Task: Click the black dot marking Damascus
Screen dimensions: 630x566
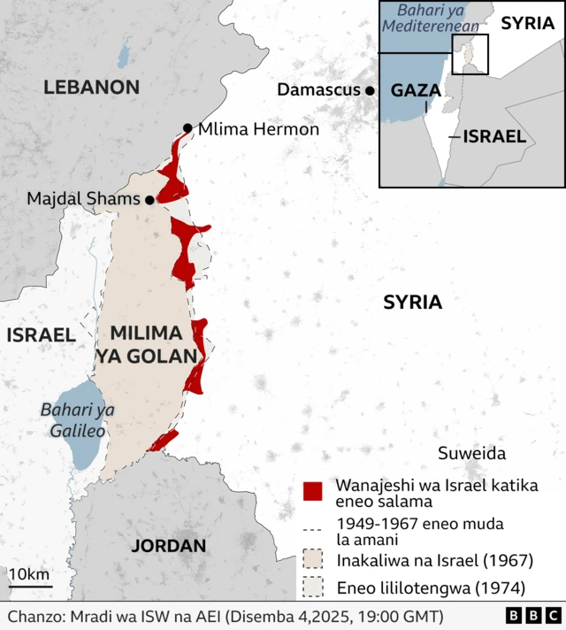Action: pyautogui.click(x=370, y=90)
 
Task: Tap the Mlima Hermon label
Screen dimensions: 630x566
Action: pyautogui.click(x=258, y=129)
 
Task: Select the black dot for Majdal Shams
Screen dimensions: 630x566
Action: pyautogui.click(x=149, y=200)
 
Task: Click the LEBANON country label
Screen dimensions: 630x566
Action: pyautogui.click(x=92, y=87)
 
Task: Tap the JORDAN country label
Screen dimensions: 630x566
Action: pyautogui.click(x=168, y=546)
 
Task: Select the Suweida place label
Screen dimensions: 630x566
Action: pyautogui.click(x=471, y=454)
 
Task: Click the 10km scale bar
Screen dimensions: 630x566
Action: pyautogui.click(x=30, y=585)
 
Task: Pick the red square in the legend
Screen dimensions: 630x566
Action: pyautogui.click(x=312, y=491)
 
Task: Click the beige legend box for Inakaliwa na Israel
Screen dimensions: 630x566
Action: pyautogui.click(x=312, y=559)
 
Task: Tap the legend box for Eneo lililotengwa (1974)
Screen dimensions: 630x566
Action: pyautogui.click(x=312, y=587)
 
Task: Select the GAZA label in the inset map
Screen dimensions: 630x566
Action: pyautogui.click(x=416, y=90)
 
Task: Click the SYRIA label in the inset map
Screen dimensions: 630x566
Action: pyautogui.click(x=527, y=24)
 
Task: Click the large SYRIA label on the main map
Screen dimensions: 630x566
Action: pyautogui.click(x=412, y=303)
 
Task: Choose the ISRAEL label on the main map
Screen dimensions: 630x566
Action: pyautogui.click(x=41, y=334)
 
